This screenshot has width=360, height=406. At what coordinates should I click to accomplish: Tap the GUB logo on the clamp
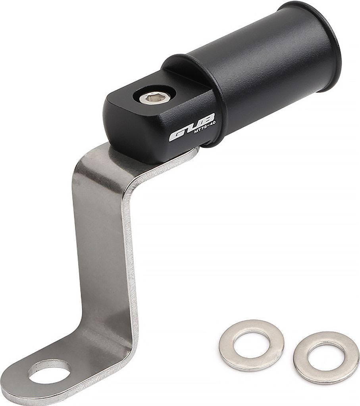click(x=192, y=127)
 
